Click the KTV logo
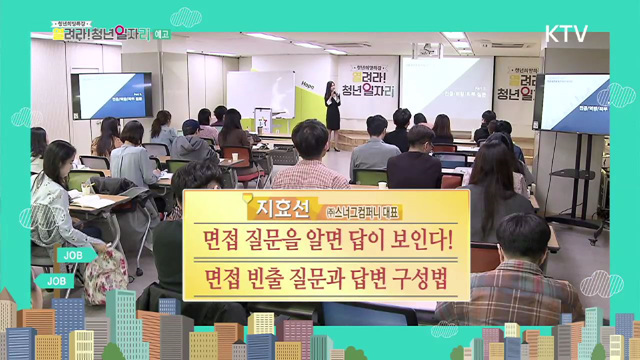(x=566, y=33)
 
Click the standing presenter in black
(x=332, y=115)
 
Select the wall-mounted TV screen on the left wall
(x=111, y=95)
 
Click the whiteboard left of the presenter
(x=260, y=96)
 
